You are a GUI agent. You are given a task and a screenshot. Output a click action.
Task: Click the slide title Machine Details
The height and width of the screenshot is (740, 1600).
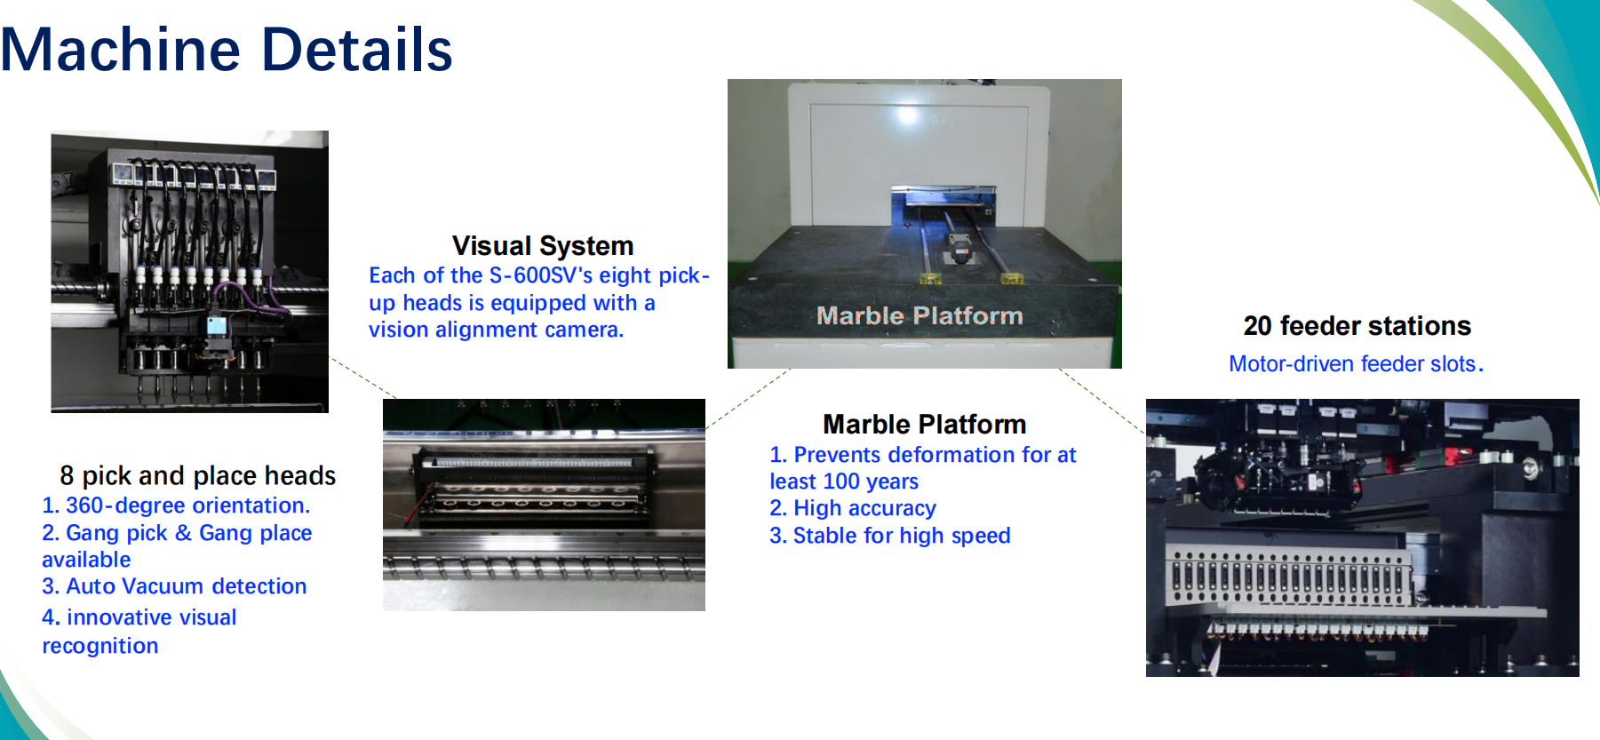[227, 49]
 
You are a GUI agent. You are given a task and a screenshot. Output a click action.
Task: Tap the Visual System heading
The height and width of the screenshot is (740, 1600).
[543, 245]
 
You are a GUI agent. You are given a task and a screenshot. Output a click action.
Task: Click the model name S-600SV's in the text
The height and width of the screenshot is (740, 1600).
[540, 275]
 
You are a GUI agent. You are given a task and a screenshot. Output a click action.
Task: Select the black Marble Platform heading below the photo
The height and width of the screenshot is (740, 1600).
[924, 424]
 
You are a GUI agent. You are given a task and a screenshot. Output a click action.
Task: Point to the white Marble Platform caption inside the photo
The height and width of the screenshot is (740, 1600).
[919, 315]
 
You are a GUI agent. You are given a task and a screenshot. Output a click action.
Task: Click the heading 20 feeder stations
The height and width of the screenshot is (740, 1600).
[1357, 326]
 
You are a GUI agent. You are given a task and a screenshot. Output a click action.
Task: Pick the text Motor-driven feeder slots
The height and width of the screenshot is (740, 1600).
[1356, 363]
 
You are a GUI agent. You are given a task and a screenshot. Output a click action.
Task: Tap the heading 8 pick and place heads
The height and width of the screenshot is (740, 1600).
[197, 475]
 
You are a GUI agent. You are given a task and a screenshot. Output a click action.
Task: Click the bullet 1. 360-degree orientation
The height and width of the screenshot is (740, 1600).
[176, 505]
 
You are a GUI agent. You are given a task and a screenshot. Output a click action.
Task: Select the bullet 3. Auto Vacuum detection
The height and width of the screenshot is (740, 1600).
[174, 586]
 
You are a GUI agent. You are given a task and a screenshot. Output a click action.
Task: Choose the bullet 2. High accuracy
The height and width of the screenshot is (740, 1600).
[853, 508]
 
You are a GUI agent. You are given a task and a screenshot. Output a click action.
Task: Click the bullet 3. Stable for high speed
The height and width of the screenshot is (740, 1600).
[890, 536]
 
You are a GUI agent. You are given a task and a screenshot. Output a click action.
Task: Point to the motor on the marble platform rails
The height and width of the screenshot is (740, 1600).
[959, 248]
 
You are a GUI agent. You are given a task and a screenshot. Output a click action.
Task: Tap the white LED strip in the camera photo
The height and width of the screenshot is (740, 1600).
[532, 463]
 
